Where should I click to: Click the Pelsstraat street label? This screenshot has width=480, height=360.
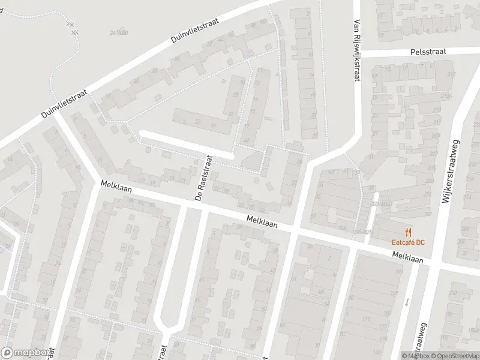pyautogui.click(x=428, y=52)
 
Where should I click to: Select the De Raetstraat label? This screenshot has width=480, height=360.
pyautogui.click(x=203, y=178)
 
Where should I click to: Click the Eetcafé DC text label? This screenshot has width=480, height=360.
pyautogui.click(x=408, y=242)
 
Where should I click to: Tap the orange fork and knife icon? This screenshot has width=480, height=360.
pyautogui.click(x=409, y=232)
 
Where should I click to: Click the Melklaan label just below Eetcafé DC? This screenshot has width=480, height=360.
pyautogui.click(x=408, y=258)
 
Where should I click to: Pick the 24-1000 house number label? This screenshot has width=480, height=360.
pyautogui.click(x=120, y=34)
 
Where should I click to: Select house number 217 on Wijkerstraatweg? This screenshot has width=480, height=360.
pyautogui.click(x=451, y=74)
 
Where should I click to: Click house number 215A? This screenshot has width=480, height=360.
pyautogui.click(x=445, y=95)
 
